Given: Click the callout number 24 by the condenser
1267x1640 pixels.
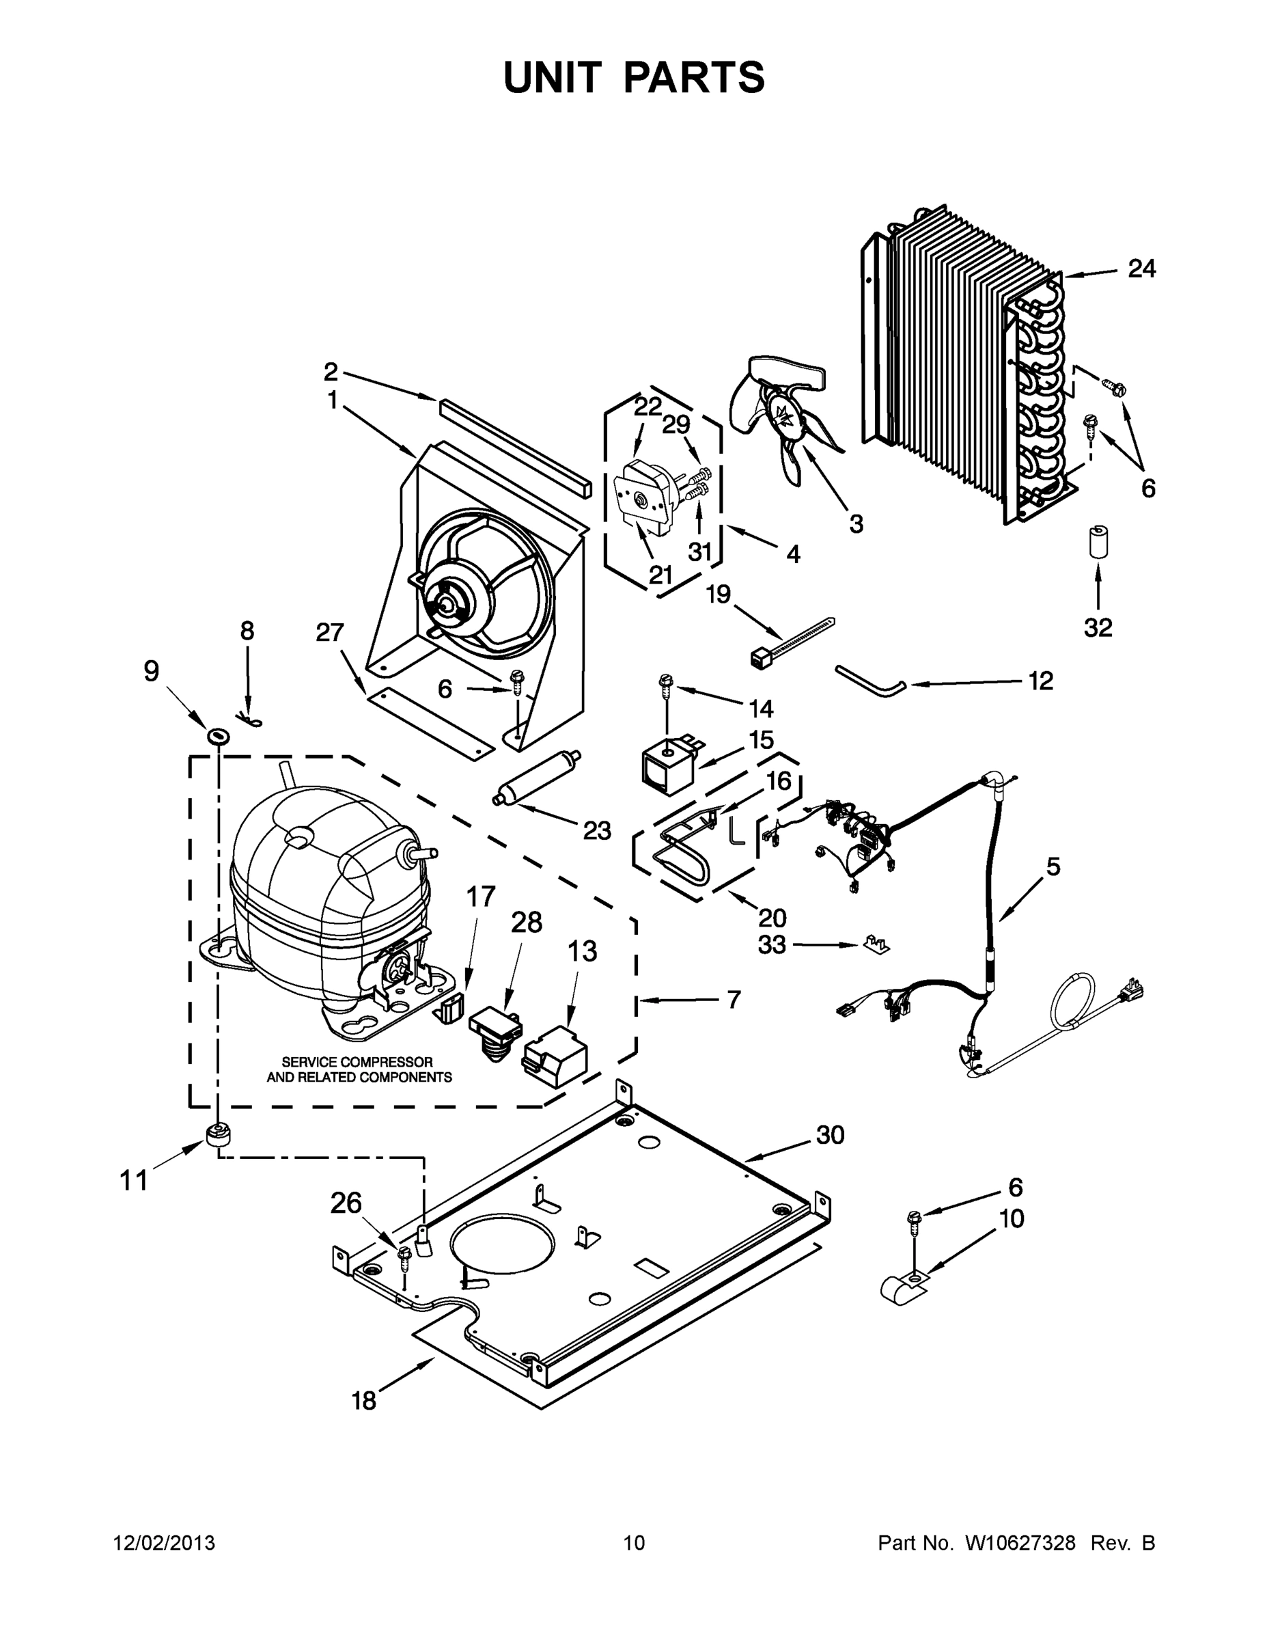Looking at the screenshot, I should (x=1141, y=269).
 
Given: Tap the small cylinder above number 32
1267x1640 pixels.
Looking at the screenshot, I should (x=1098, y=542).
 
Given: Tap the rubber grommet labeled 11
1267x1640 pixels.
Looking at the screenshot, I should (x=217, y=1140).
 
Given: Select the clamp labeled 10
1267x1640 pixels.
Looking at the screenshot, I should (x=902, y=1287).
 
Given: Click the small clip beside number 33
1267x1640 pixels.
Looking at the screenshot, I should (x=874, y=944).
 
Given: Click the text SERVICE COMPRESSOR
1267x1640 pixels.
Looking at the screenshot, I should (x=357, y=1062).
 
